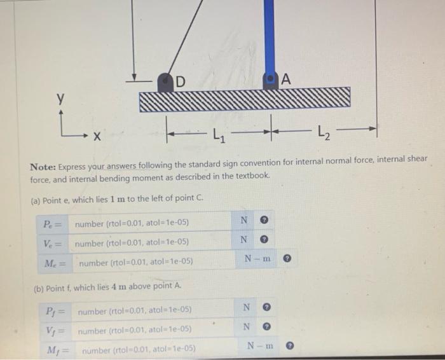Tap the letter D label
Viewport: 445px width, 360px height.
pos(181,81)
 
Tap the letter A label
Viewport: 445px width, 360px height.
pos(285,80)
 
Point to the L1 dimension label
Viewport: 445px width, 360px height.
pos(217,134)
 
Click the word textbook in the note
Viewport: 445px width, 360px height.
pos(257,176)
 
